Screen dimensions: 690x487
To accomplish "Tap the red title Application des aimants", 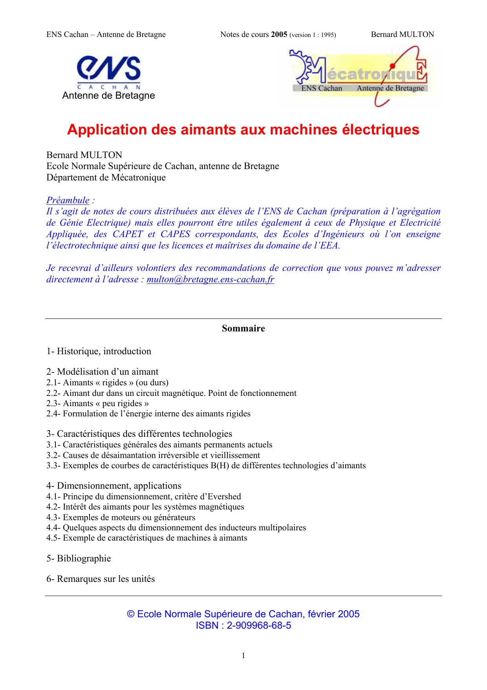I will tap(243, 130).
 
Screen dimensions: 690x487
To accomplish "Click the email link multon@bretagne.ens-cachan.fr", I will tap(210, 280).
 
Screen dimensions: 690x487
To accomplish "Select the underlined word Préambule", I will tap(68, 200).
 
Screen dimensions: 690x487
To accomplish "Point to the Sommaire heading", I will tap(243, 329).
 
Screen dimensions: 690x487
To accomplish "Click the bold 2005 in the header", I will tap(279, 35).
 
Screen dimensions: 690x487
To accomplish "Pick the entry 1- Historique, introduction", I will tap(99, 351).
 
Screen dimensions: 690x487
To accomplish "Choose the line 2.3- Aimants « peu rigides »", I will tap(97, 403).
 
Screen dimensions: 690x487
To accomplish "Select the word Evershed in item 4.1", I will tap(224, 497).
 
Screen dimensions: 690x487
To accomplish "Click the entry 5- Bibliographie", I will tap(79, 558).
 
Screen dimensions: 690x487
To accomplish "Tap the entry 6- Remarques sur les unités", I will tap(101, 579).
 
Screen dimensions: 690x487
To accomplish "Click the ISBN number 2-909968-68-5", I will tap(259, 626).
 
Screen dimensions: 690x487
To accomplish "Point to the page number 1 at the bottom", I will tap(243, 655).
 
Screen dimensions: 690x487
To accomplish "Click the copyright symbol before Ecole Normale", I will tap(131, 615).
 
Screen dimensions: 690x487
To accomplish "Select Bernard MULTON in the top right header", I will tap(402, 35).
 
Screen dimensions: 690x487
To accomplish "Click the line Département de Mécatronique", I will tap(106, 177).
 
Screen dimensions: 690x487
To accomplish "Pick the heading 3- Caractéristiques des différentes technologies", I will tap(139, 434).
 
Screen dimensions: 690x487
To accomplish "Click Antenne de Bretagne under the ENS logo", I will tap(108, 96).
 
